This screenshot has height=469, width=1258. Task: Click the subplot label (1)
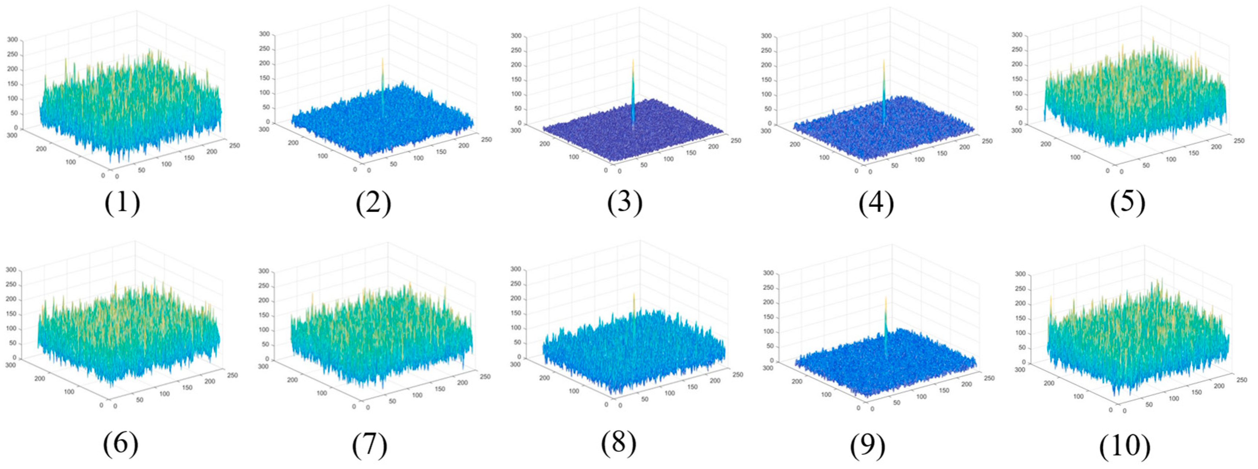point(122,203)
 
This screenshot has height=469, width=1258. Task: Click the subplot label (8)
point(619,443)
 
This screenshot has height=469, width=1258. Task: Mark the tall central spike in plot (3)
point(633,93)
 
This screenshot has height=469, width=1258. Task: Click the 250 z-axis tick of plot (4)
point(767,51)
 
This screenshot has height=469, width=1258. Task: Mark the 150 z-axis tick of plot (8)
point(516,313)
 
